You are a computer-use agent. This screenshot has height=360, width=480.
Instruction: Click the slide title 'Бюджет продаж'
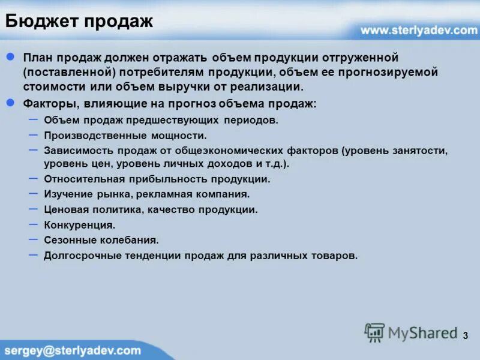click(79, 21)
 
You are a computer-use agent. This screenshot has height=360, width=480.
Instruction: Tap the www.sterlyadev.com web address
click(418, 30)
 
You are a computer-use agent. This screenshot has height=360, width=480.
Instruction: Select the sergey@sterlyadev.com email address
click(73, 350)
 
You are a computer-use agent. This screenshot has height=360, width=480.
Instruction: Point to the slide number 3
click(465, 335)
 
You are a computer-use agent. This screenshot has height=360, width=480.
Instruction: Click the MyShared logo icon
click(375, 332)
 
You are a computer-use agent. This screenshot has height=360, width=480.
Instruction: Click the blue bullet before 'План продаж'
click(10, 57)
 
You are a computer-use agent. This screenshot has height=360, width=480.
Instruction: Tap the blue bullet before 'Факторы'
click(10, 103)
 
